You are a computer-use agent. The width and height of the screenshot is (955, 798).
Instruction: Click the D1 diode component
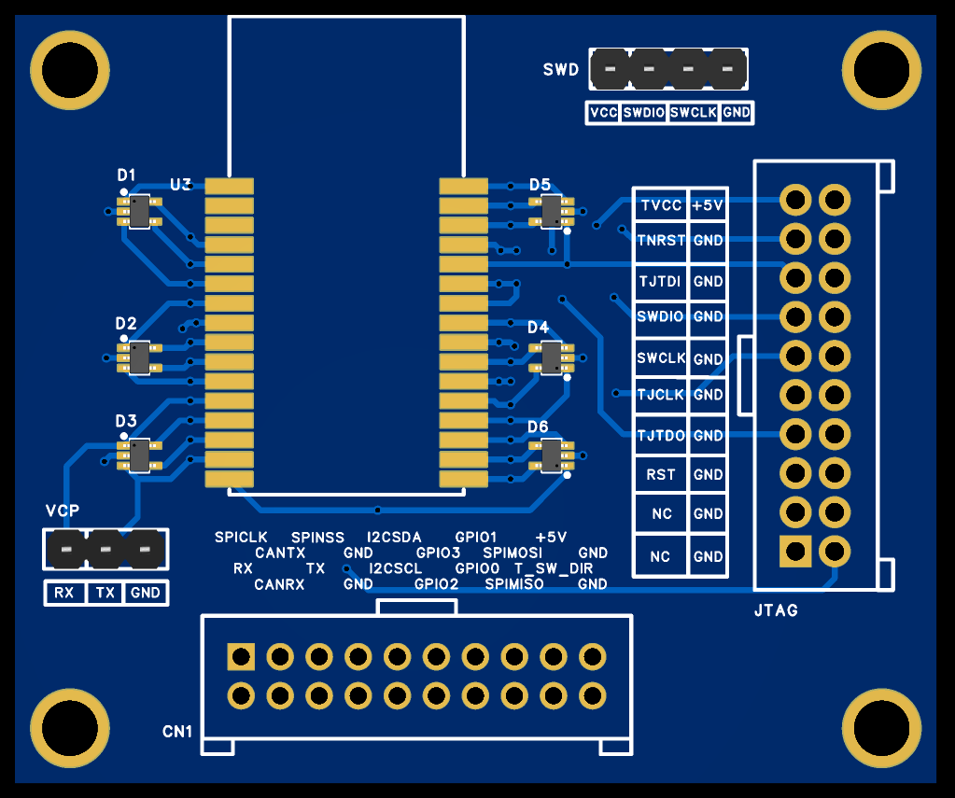[139, 211]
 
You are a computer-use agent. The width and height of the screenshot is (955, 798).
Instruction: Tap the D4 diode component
[551, 357]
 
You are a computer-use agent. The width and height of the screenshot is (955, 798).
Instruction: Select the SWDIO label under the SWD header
[644, 113]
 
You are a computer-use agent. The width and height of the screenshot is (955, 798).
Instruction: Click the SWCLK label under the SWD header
[693, 113]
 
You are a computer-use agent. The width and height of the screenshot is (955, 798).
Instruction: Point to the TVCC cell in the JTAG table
[662, 205]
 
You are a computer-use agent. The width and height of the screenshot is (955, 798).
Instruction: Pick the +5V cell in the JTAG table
[708, 205]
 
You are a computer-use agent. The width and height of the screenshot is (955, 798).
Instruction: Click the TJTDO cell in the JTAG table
[662, 436]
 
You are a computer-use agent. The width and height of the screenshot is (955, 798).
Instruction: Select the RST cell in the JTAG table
[662, 474]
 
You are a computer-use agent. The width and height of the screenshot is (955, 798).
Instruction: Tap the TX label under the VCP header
[105, 593]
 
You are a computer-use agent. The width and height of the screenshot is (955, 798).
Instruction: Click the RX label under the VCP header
[64, 593]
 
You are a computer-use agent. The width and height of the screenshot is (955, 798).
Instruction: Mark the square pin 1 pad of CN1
[241, 657]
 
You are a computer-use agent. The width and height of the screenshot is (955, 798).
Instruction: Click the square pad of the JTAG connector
[795, 552]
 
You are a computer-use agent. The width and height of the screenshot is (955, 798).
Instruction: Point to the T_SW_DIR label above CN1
[554, 569]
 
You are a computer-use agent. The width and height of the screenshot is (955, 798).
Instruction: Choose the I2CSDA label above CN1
[394, 538]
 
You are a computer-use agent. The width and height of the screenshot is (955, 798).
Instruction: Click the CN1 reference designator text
[177, 732]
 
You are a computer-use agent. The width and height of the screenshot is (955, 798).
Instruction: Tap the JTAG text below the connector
[776, 610]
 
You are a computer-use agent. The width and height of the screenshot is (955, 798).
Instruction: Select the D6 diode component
[551, 455]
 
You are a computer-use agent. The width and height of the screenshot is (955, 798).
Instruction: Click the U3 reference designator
[181, 185]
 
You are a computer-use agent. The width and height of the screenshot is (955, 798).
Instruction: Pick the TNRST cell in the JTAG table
[662, 240]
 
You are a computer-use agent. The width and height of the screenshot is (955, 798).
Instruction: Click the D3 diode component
[139, 455]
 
